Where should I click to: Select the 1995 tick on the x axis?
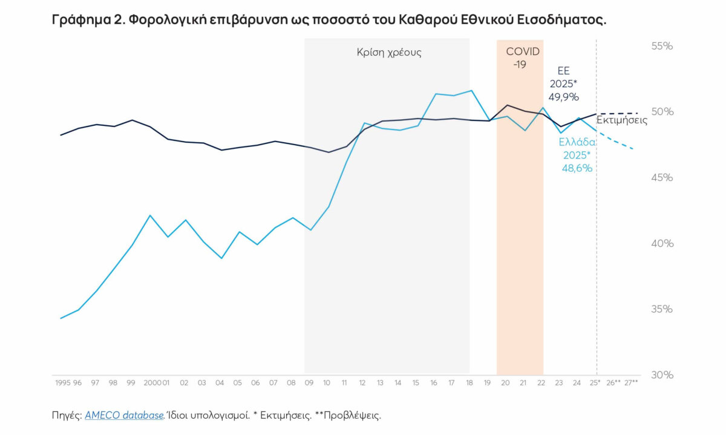[x=62, y=383]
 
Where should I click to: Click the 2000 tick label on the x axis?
[x=152, y=383]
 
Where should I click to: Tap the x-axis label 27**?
[x=631, y=383]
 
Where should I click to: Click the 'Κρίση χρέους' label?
[x=389, y=52]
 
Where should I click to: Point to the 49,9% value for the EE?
[x=564, y=97]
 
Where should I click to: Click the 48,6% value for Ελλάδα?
[x=577, y=168]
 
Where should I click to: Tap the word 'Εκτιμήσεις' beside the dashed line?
[x=622, y=120]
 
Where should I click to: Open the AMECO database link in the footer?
[x=124, y=416]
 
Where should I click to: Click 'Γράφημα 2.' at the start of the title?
[x=87, y=20]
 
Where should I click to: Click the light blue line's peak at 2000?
[x=150, y=215]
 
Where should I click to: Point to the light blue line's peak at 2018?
[x=471, y=91]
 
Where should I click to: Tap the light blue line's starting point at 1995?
[x=60, y=318]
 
